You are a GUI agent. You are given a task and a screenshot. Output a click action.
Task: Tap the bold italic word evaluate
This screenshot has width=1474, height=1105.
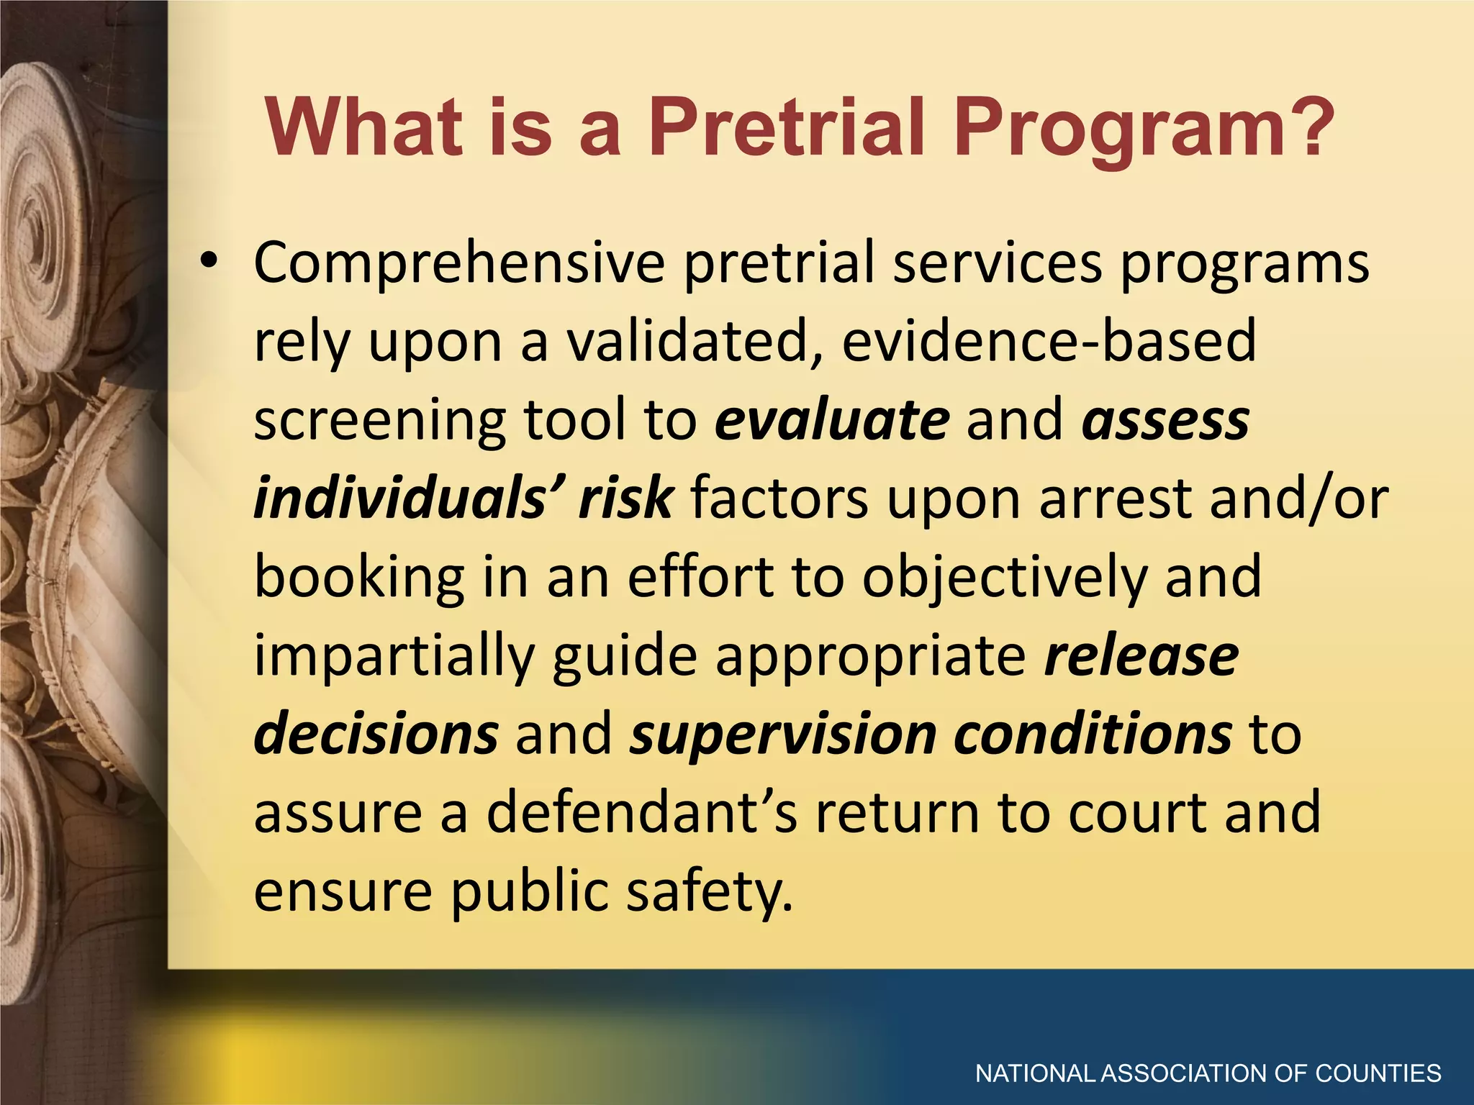pos(832,421)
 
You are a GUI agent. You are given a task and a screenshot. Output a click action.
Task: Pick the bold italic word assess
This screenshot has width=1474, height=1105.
pos(1166,421)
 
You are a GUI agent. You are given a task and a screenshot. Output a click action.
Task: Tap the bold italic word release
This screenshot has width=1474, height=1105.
pos(1141,656)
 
